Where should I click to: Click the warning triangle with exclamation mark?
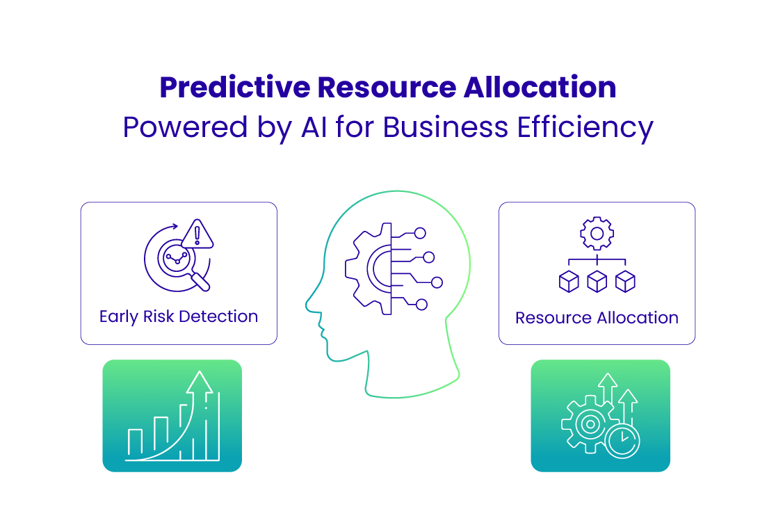coord(197,235)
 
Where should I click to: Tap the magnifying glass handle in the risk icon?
coord(200,282)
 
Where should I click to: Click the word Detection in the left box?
coord(218,316)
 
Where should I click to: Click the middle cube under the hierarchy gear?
coord(597,281)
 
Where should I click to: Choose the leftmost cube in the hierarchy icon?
coord(569,281)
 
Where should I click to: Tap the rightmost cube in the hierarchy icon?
coord(625,281)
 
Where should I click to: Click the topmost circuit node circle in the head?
coord(420,233)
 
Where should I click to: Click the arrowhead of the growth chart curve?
coord(200,381)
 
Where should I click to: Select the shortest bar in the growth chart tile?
coord(135,442)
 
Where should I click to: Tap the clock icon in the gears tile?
coord(622,440)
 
